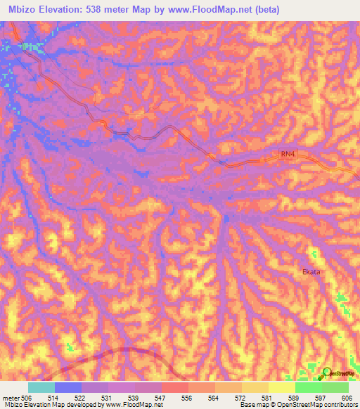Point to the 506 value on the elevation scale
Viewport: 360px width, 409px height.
pos(27,397)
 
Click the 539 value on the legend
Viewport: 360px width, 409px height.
pos(108,397)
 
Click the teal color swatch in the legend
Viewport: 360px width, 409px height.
pos(41,387)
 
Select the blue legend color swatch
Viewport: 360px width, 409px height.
pos(67,387)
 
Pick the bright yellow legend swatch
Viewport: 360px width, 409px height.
pos(281,387)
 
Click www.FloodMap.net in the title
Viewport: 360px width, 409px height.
pos(217,9)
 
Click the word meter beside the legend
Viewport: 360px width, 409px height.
pos(11,397)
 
